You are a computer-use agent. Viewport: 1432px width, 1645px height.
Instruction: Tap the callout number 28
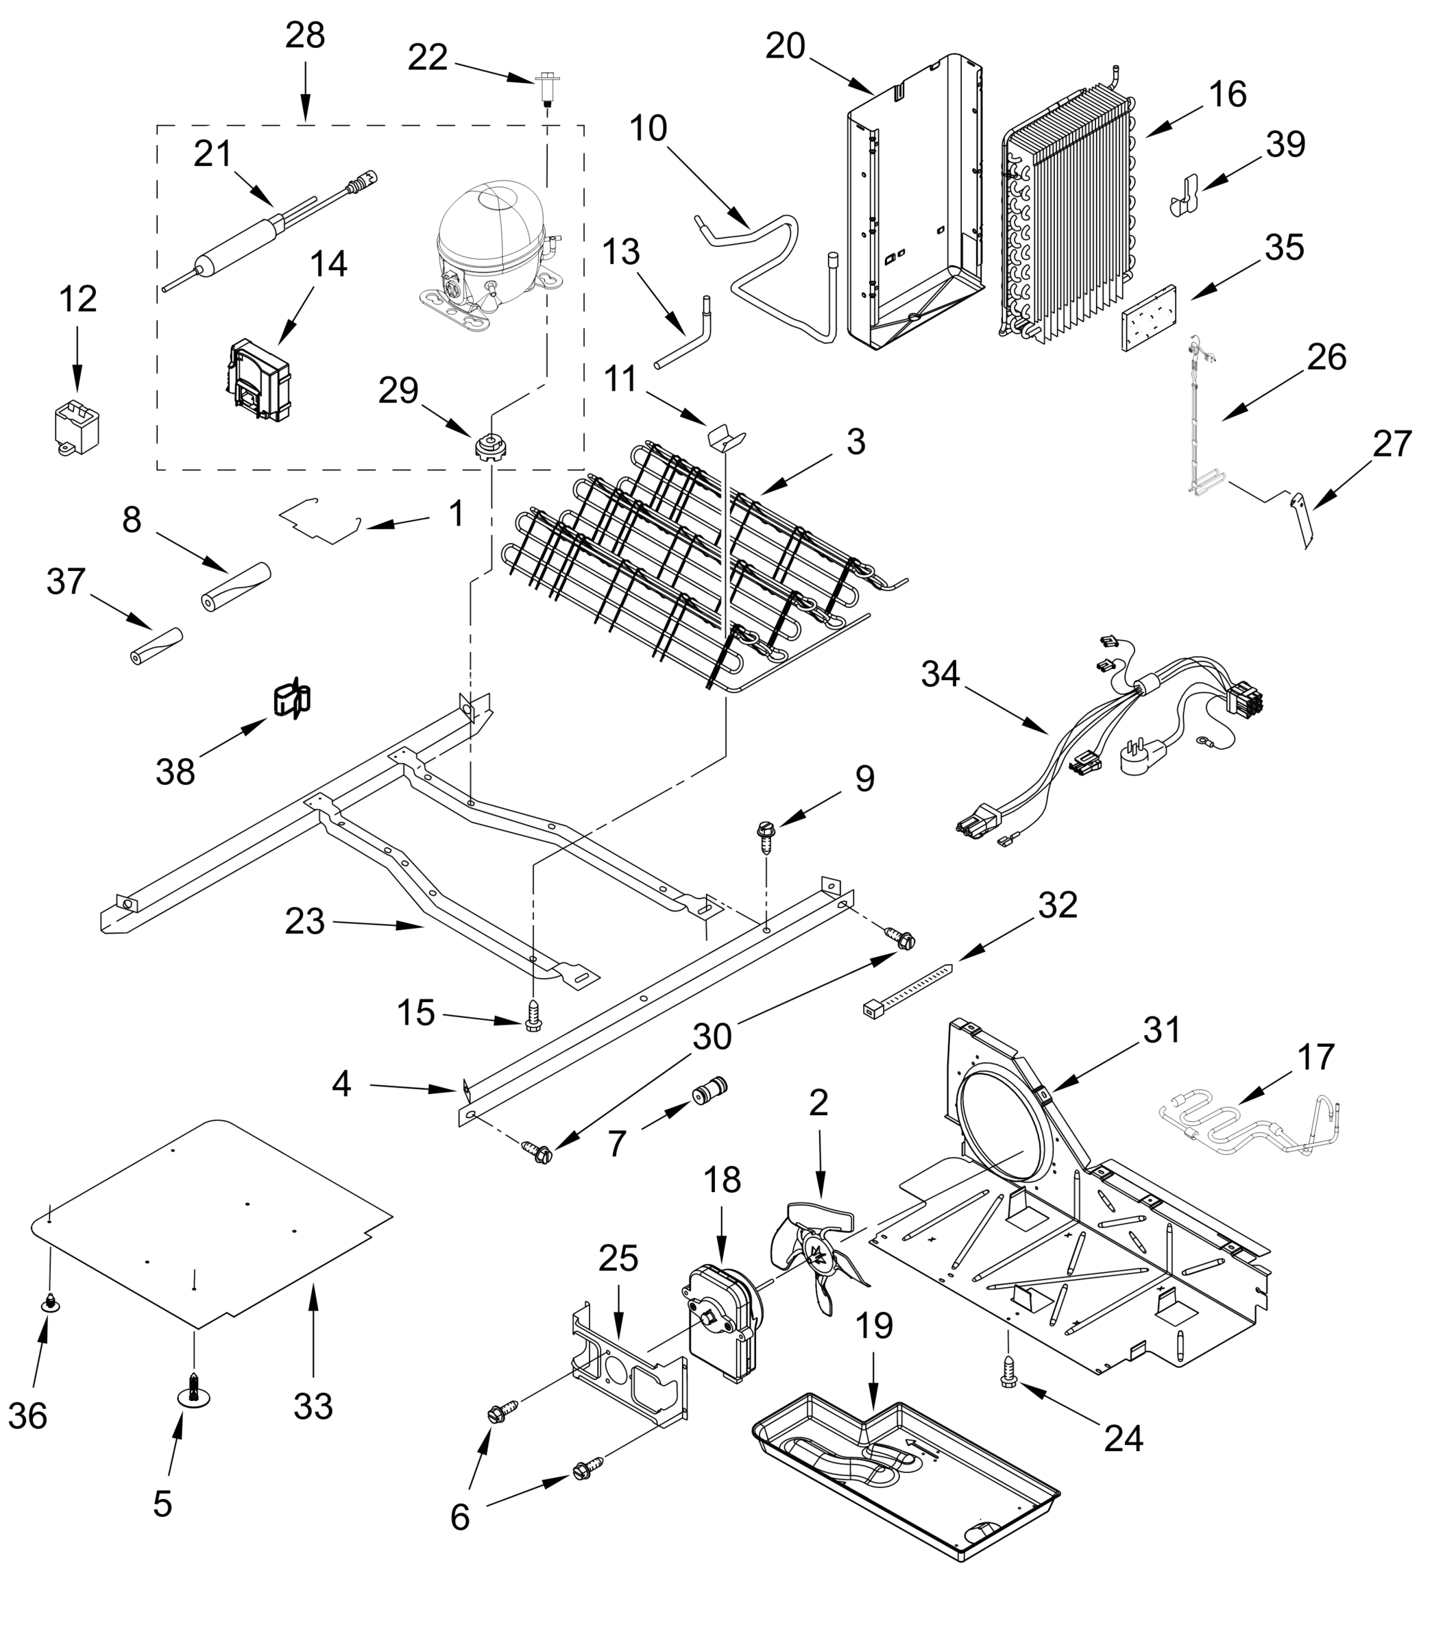(305, 36)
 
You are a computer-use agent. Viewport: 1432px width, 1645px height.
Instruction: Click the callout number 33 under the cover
(313, 1406)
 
